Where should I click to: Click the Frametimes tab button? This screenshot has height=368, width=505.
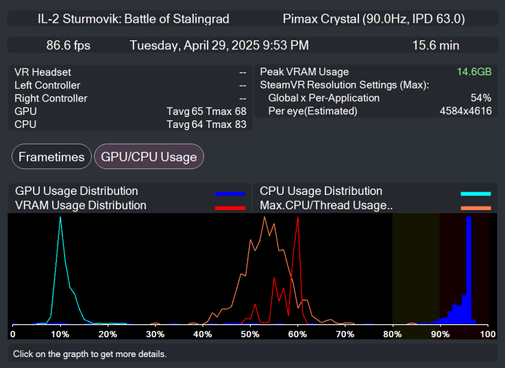[51, 157]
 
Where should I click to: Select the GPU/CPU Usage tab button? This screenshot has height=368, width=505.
[149, 157]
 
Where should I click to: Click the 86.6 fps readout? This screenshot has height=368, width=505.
[68, 45]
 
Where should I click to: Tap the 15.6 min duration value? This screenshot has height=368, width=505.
[435, 45]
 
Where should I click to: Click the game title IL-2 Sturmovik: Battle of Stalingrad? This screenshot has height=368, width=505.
[134, 18]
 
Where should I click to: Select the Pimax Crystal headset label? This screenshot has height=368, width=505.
[373, 18]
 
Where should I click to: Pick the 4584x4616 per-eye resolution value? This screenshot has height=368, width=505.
[465, 111]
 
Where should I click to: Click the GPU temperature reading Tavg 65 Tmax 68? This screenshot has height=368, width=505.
[206, 111]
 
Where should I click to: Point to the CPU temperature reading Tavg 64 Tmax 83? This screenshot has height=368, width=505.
[206, 124]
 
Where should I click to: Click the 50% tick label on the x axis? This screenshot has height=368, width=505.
[250, 334]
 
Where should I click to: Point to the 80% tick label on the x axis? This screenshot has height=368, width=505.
[392, 334]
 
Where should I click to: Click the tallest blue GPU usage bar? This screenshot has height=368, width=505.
[469, 270]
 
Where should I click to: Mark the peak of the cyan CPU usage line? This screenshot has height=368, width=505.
[61, 218]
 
